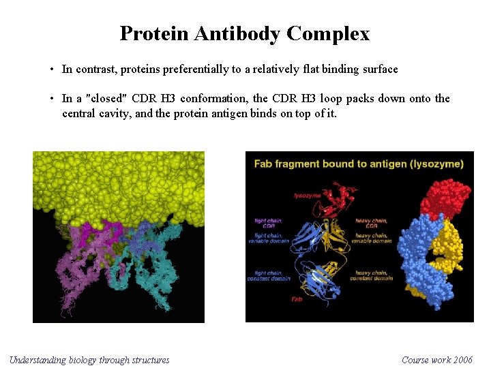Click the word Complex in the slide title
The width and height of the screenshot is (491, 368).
tap(329, 33)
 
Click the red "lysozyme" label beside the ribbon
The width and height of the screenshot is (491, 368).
tap(307, 196)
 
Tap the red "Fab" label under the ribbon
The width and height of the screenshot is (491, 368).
tap(297, 299)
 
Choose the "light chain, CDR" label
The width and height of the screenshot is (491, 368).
tap(269, 223)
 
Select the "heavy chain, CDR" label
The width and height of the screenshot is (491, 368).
tap(371, 223)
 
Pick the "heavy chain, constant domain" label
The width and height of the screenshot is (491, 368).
tap(372, 275)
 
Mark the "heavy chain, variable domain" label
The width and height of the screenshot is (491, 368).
tap(372, 238)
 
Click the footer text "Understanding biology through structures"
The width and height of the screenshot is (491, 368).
tap(89, 360)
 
